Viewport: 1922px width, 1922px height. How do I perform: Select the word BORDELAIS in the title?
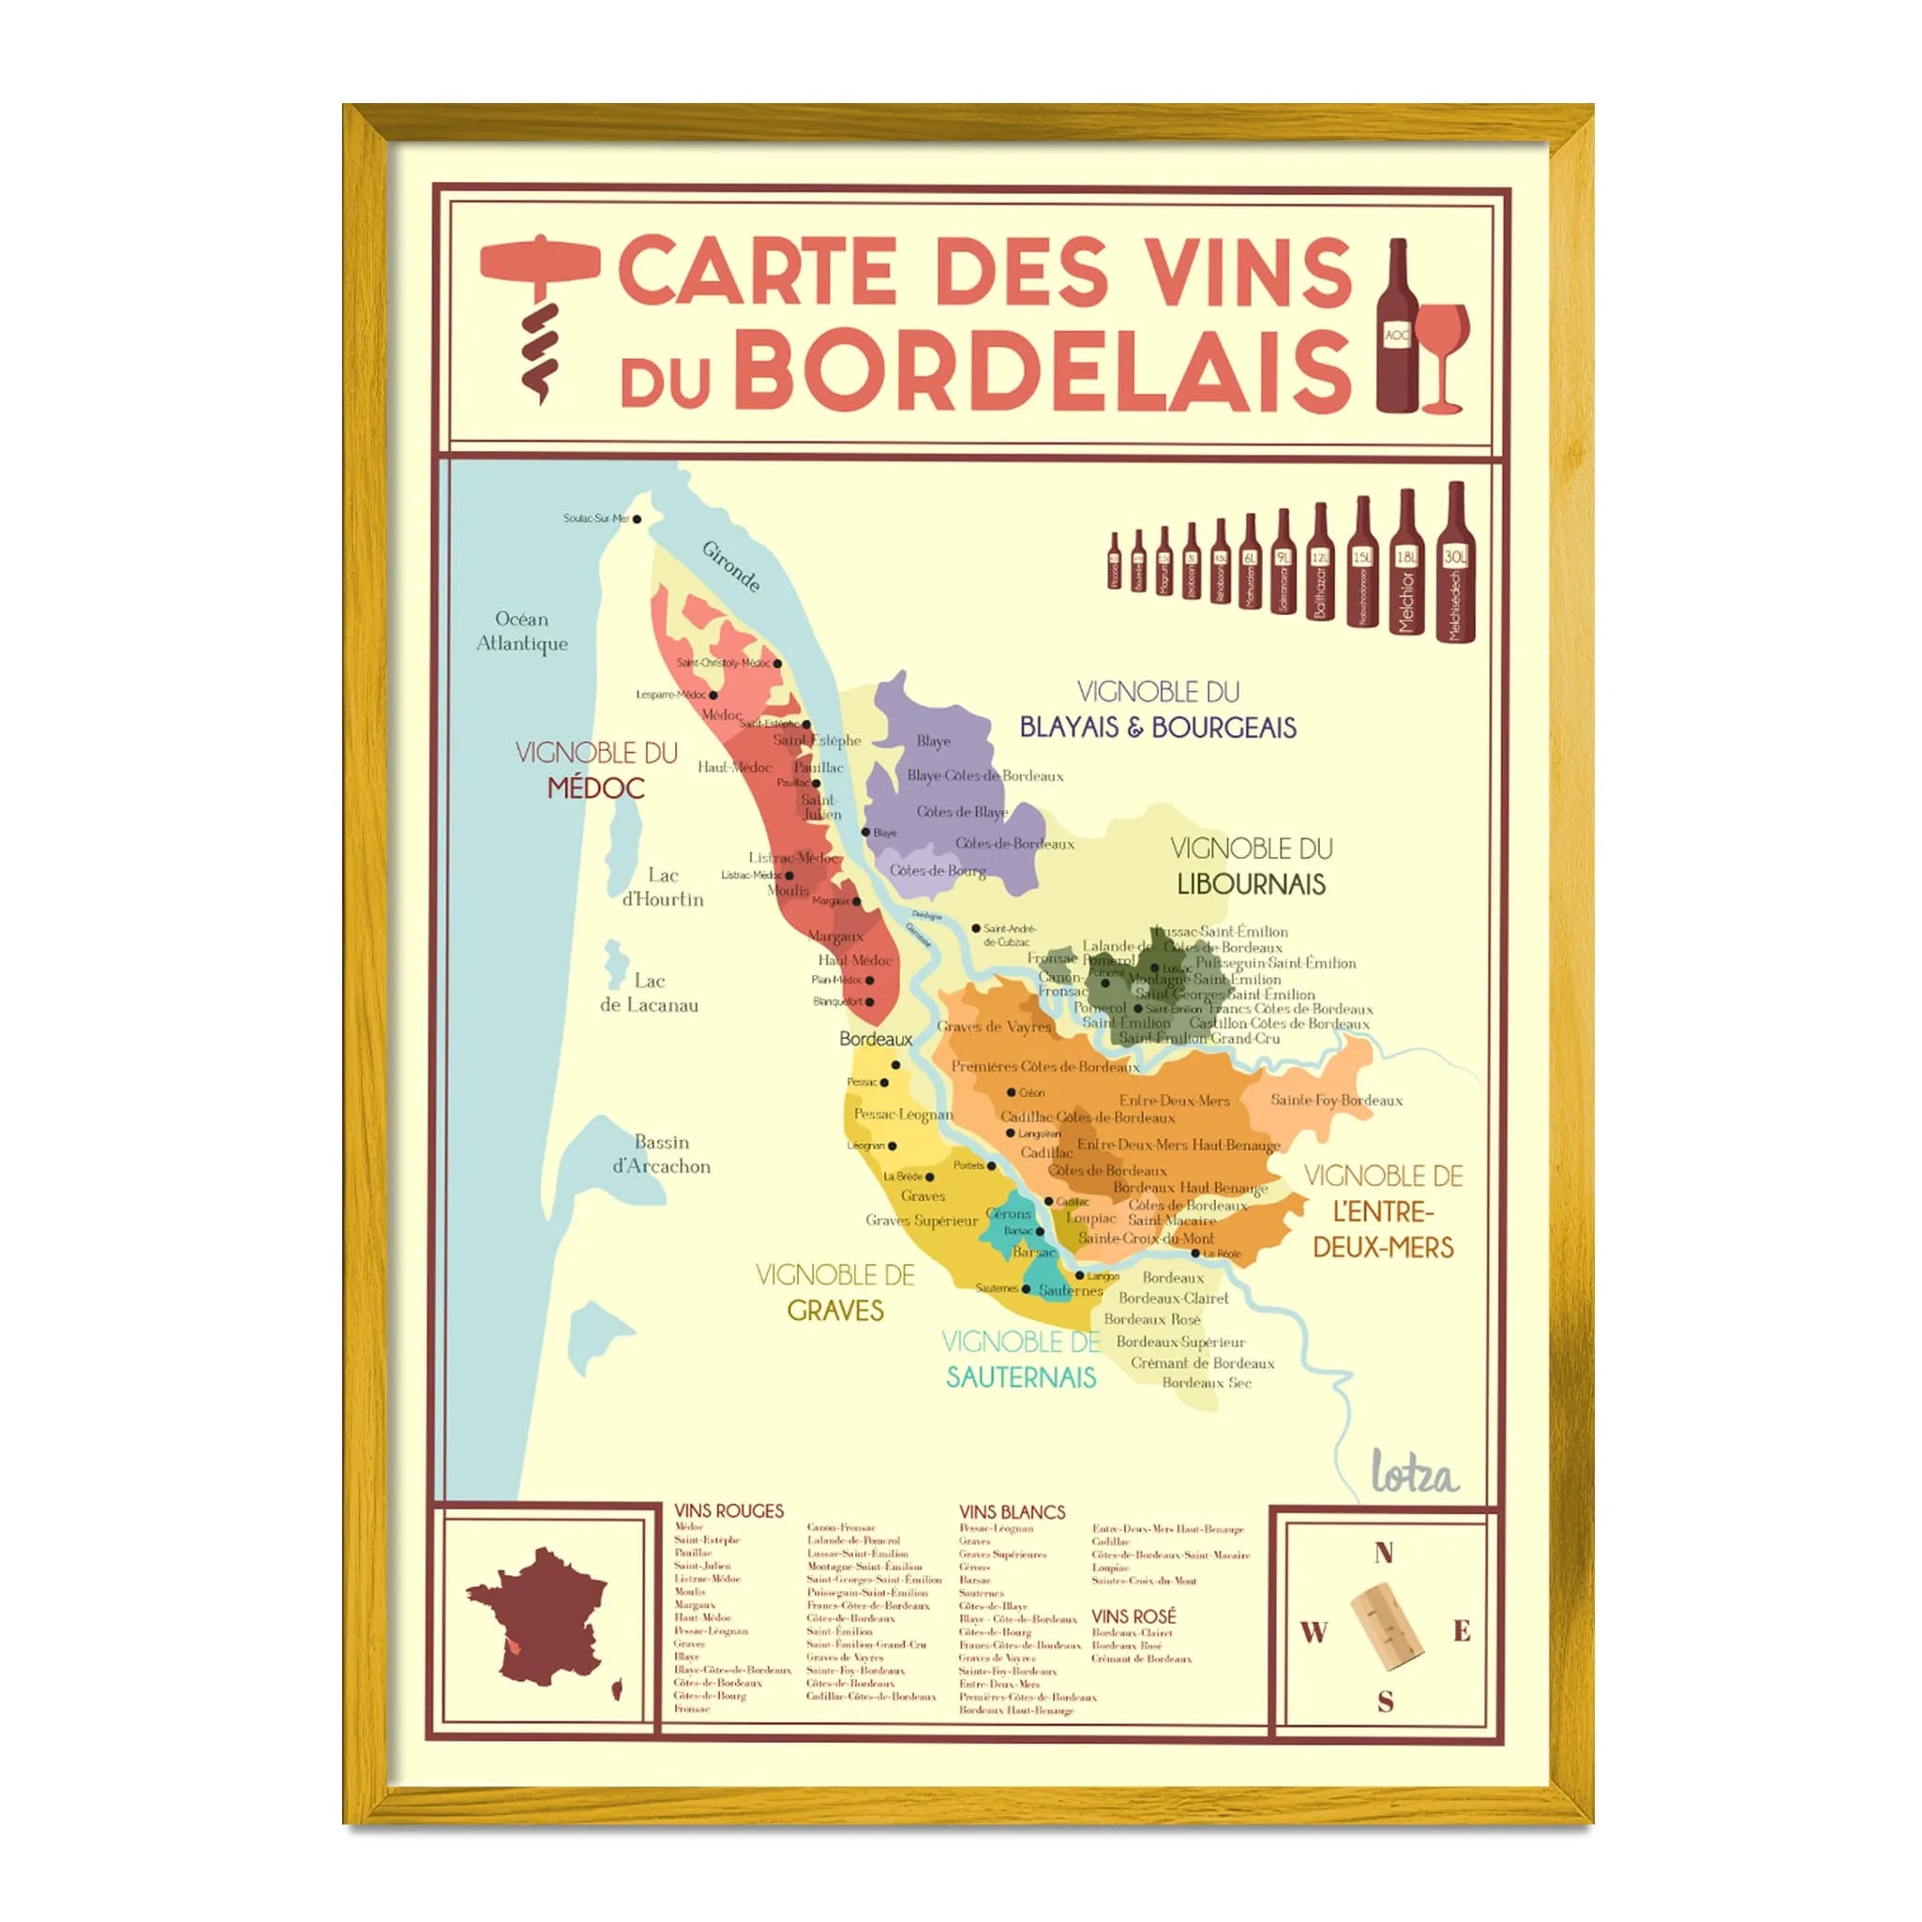(x=1040, y=370)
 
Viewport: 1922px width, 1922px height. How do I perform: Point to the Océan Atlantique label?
(x=522, y=631)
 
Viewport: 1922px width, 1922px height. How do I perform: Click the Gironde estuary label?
(x=732, y=566)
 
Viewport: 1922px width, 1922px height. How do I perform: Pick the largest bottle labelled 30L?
(x=1455, y=563)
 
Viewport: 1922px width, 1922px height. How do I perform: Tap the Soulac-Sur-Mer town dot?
(x=638, y=518)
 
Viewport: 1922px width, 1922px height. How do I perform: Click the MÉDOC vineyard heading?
(x=596, y=788)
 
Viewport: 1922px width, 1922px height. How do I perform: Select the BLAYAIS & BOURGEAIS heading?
(x=1158, y=728)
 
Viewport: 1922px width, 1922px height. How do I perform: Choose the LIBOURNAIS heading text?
(x=1252, y=883)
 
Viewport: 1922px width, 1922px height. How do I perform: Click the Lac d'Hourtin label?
(x=663, y=887)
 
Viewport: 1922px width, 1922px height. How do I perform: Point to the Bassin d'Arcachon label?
(x=662, y=1154)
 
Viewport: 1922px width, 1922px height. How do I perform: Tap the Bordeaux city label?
(x=876, y=1039)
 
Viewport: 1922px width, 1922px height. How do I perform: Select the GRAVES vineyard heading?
(x=835, y=1311)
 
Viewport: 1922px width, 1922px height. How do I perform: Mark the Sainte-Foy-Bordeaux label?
(x=1336, y=1101)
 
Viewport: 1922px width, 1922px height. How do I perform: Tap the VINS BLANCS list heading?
(x=1012, y=1512)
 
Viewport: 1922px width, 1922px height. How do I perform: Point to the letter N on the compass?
(x=1384, y=1553)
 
